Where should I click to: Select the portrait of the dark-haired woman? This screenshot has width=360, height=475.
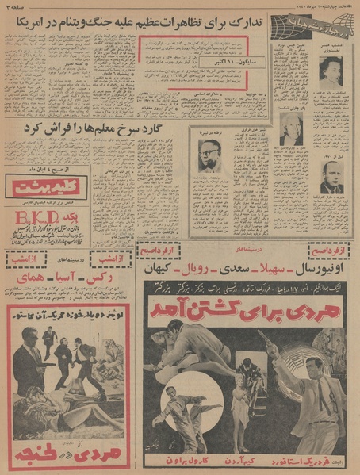(330, 71)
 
